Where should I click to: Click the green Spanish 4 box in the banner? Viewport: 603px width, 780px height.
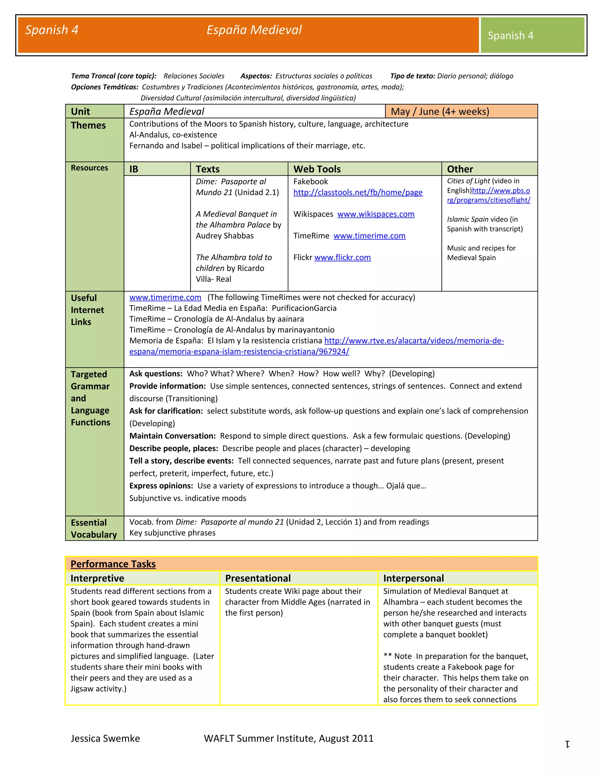coord(532,35)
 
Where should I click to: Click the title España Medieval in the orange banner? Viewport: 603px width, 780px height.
coord(254,30)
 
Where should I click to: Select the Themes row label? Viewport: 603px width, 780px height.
coord(88,125)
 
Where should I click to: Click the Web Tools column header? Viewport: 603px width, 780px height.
coord(317,169)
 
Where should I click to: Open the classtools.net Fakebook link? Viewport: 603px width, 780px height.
coord(357,192)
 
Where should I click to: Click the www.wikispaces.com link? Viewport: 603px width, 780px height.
coord(375,214)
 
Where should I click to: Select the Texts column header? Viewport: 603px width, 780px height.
coord(208,169)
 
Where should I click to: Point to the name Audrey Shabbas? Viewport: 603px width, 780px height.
coord(224,236)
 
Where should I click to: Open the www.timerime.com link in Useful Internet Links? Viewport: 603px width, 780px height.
coord(165,298)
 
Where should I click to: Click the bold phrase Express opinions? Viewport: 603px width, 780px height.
coord(161,486)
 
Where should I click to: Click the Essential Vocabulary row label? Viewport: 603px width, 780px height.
coord(93,529)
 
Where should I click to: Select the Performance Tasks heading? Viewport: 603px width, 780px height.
coord(113,564)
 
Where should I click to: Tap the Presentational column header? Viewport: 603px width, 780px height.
coord(258,578)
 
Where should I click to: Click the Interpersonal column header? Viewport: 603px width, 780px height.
coord(413,578)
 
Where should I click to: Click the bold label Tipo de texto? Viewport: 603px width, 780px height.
coord(412,76)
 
